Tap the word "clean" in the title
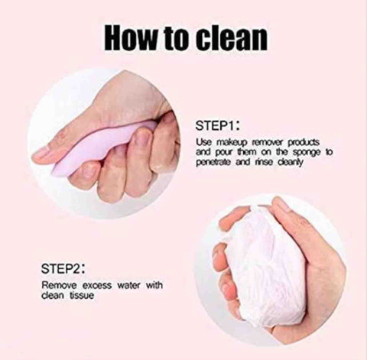(x=232, y=37)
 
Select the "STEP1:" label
(x=217, y=125)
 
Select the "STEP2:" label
(x=63, y=269)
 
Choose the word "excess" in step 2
(x=97, y=286)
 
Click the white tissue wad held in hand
(x=265, y=265)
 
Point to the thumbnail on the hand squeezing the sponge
(x=41, y=152)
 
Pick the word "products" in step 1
(x=304, y=143)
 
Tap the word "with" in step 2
(x=154, y=285)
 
